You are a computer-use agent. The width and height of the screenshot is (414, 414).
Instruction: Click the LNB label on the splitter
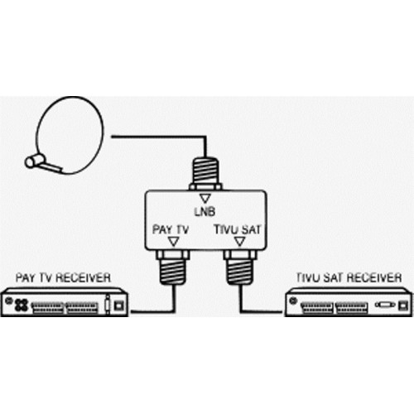point(205,212)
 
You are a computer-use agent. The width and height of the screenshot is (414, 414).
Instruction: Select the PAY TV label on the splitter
point(171,229)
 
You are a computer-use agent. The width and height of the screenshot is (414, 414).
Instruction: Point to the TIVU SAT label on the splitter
point(238,229)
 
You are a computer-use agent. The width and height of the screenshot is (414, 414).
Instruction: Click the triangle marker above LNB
point(205,199)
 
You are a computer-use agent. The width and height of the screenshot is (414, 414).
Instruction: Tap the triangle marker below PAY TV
point(173,242)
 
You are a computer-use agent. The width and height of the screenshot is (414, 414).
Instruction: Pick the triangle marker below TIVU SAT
point(239,242)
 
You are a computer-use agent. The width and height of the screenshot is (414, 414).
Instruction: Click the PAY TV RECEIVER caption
point(63,277)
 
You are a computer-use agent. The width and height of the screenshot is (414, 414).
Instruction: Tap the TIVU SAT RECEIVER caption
point(349,277)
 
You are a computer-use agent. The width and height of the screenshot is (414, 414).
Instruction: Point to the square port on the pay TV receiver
point(119,306)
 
